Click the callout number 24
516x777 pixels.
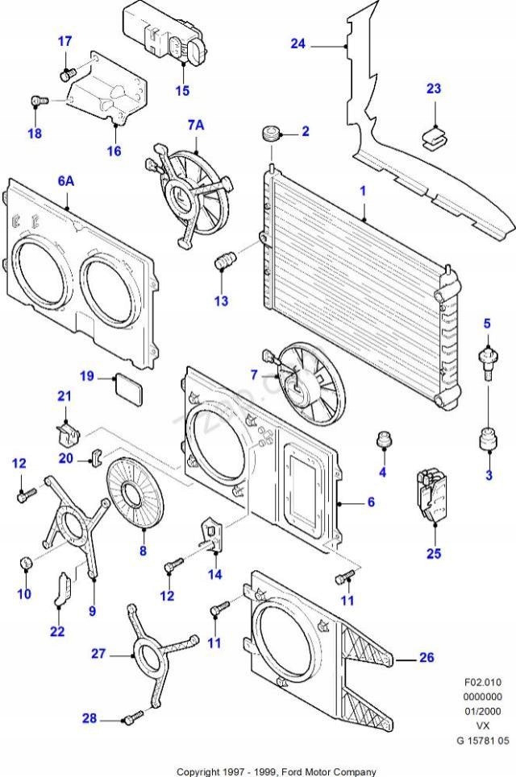(298, 43)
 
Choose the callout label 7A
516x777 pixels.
(196, 125)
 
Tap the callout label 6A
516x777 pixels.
(65, 181)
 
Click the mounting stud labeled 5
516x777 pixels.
(487, 354)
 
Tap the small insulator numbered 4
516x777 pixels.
(384, 441)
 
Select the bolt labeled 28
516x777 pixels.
(133, 715)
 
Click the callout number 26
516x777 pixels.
(426, 658)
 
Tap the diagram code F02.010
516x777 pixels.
(484, 681)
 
